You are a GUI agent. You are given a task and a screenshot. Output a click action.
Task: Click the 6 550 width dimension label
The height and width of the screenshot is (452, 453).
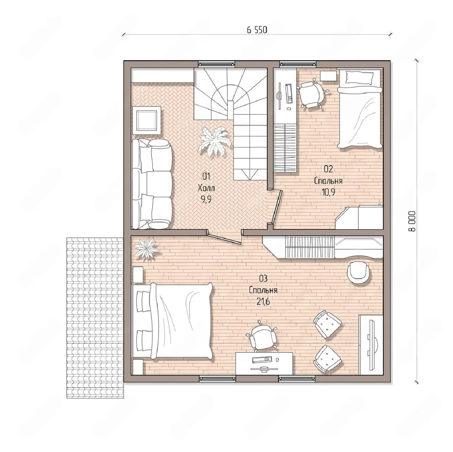click(257, 30)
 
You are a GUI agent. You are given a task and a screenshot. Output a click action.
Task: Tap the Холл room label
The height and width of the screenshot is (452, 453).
click(206, 188)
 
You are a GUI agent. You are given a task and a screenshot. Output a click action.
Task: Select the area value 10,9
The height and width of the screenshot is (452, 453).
click(328, 192)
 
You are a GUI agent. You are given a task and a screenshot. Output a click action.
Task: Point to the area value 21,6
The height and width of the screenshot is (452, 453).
click(263, 302)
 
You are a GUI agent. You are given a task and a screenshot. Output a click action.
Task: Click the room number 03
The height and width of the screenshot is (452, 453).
click(263, 279)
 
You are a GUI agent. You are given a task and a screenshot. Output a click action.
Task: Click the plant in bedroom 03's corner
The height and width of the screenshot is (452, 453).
click(147, 248)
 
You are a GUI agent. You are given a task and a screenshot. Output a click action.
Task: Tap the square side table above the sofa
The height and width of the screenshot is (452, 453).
click(147, 120)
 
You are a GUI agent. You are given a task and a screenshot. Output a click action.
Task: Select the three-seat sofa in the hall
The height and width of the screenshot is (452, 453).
click(152, 184)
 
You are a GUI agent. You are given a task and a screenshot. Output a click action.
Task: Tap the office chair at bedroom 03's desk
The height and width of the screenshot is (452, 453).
click(262, 336)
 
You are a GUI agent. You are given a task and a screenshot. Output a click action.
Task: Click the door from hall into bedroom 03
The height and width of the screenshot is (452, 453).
click(225, 238)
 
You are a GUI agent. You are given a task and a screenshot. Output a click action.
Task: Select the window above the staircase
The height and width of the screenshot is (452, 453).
click(217, 64)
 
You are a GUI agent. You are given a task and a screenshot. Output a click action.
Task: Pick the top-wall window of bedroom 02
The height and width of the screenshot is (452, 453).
click(298, 64)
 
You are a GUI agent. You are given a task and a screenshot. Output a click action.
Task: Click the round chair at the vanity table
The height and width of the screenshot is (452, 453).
click(359, 274)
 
